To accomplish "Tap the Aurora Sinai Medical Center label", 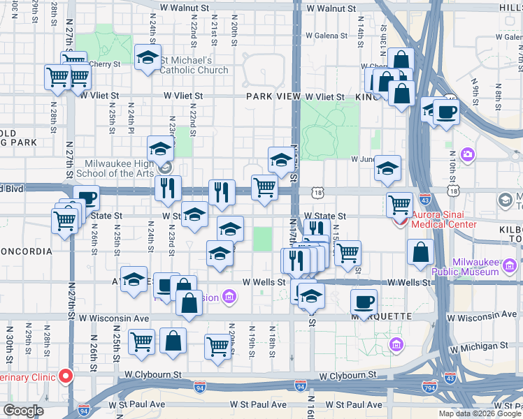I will coord(445,219).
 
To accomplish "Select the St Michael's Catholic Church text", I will coord(194,64).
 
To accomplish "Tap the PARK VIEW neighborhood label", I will coord(271,96).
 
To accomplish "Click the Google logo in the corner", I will coord(22,411).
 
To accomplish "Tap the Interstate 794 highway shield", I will coord(429,386).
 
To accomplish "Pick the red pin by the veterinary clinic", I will coord(66,376).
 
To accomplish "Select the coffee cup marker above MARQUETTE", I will coord(364,302).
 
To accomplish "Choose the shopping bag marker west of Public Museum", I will coord(422,253).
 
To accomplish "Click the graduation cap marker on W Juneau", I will coord(387,168).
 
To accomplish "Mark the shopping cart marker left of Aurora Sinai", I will coord(399,204).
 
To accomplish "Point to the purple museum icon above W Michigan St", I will coord(396,344).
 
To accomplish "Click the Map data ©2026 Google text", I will coord(480,413).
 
